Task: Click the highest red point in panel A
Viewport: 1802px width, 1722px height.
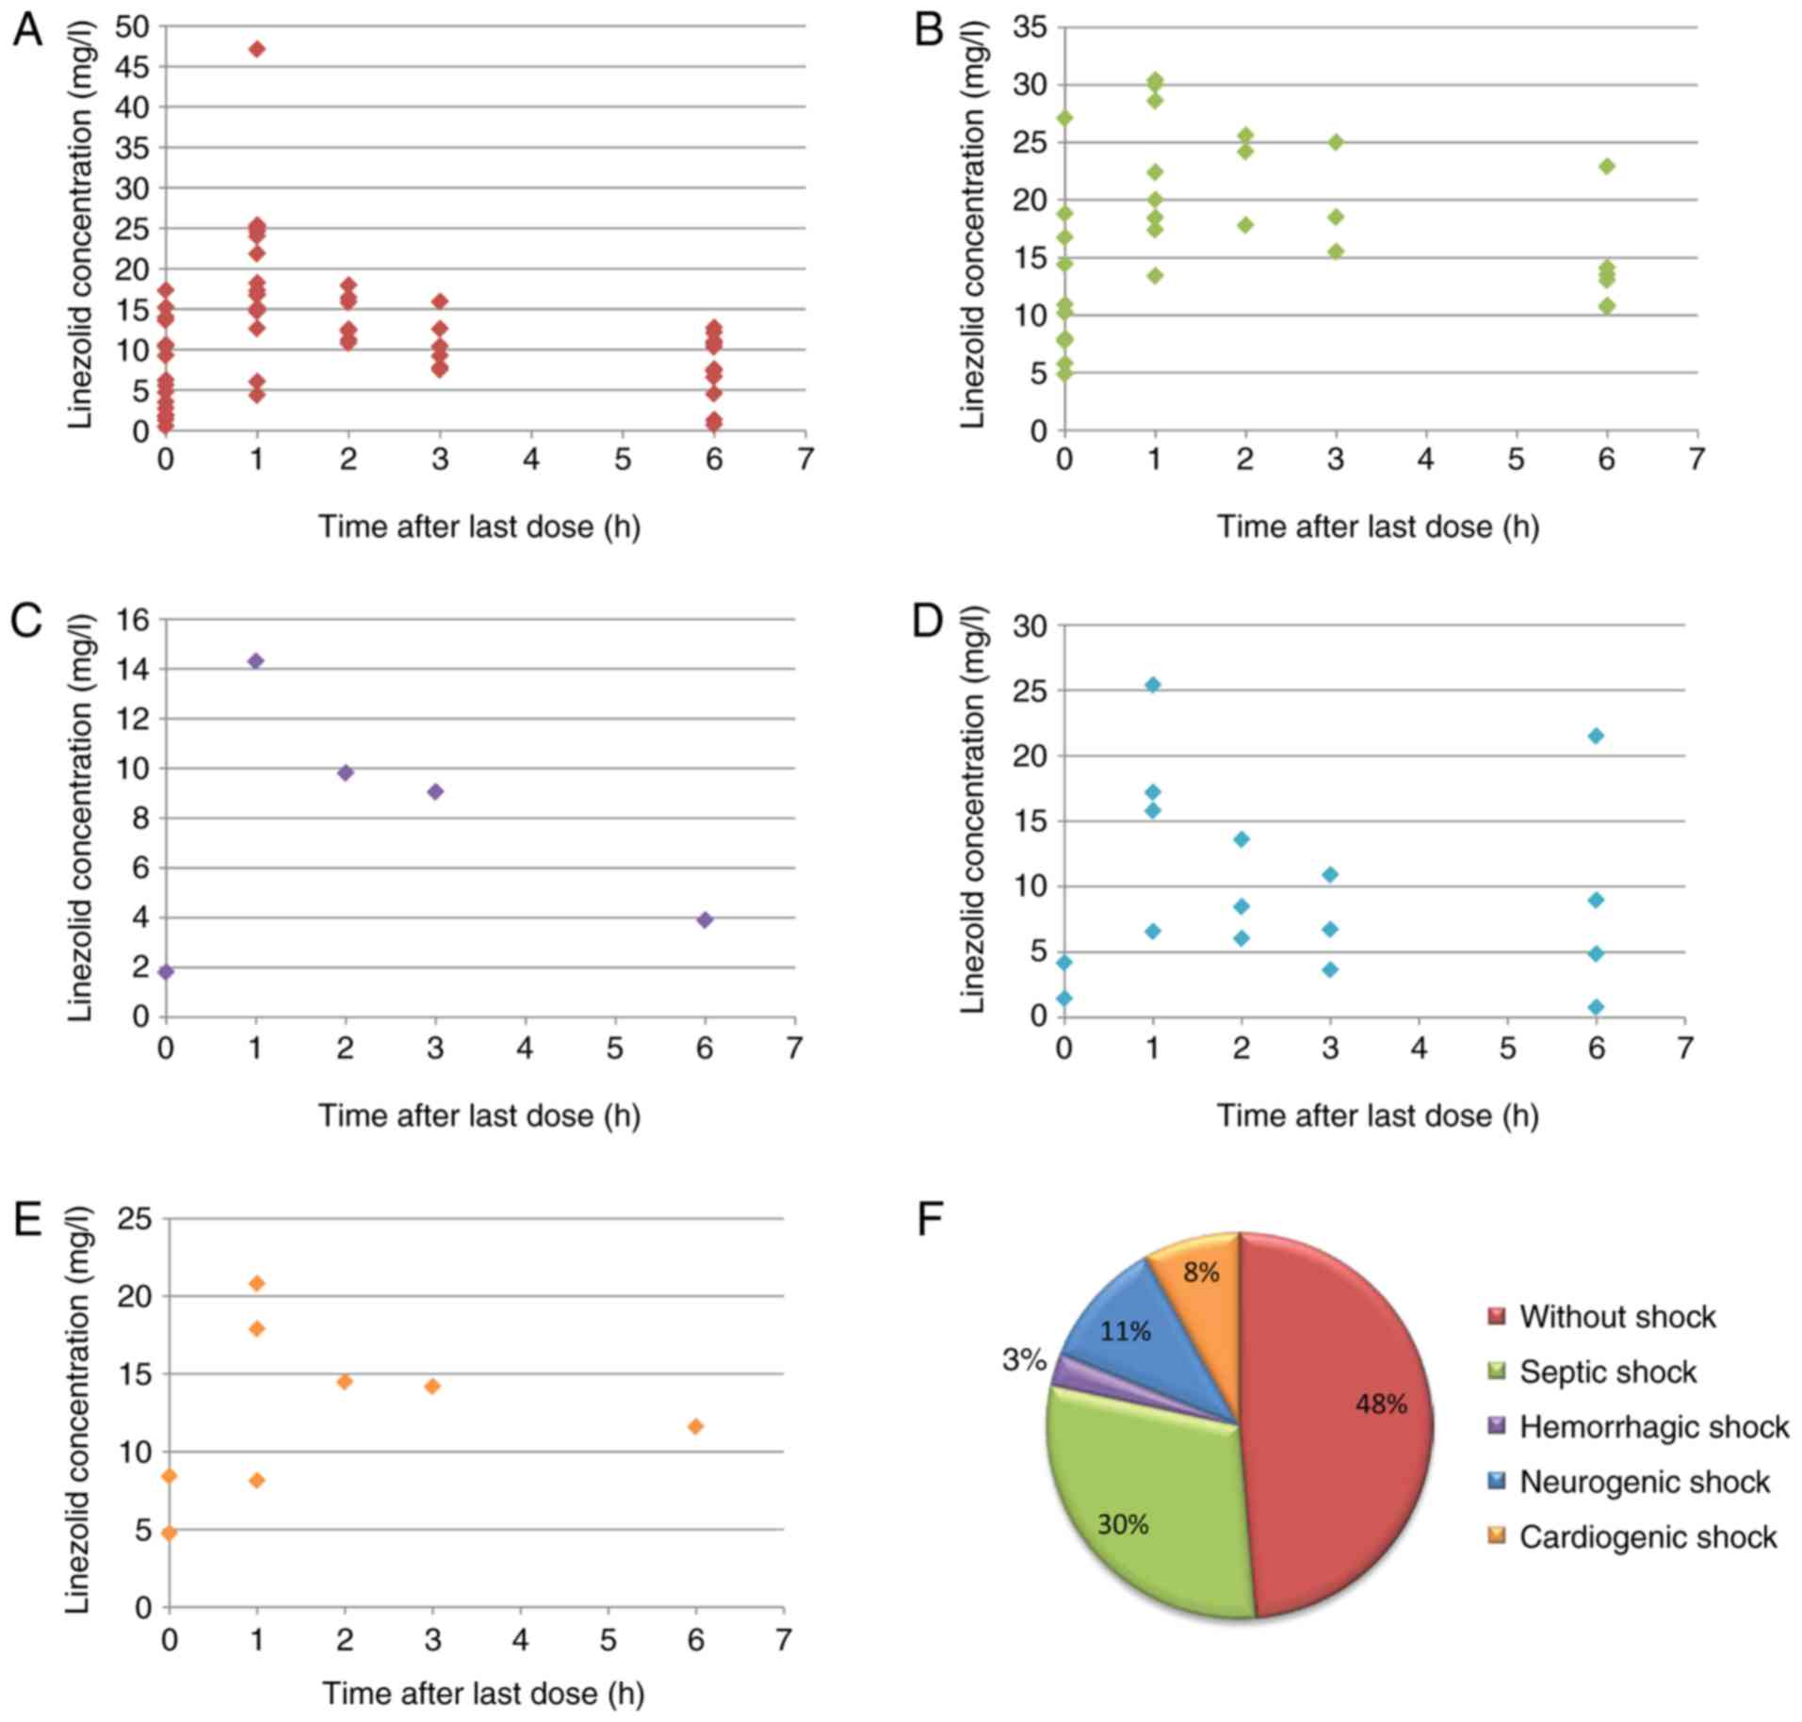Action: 256,49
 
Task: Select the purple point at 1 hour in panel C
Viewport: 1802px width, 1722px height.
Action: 255,660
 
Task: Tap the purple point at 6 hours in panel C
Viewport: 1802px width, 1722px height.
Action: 705,919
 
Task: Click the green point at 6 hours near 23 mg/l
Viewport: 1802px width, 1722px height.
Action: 1607,167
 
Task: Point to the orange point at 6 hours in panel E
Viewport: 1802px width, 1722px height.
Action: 695,1426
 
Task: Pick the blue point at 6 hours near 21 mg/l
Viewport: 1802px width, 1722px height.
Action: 1596,736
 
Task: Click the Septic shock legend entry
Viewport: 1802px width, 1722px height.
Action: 1606,1372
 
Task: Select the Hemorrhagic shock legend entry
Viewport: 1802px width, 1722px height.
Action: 1652,1426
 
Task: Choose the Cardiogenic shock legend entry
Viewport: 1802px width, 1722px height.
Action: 1647,1537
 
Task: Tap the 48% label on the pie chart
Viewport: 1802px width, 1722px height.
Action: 1381,1405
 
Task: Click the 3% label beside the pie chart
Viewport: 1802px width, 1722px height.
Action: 1024,1360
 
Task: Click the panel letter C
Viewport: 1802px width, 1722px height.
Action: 27,623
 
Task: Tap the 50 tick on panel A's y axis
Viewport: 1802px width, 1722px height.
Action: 132,26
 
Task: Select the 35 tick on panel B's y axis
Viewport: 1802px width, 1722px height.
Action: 1031,27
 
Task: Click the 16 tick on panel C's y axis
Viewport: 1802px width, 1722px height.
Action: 132,620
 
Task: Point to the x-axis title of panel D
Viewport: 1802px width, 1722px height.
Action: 1377,1116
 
